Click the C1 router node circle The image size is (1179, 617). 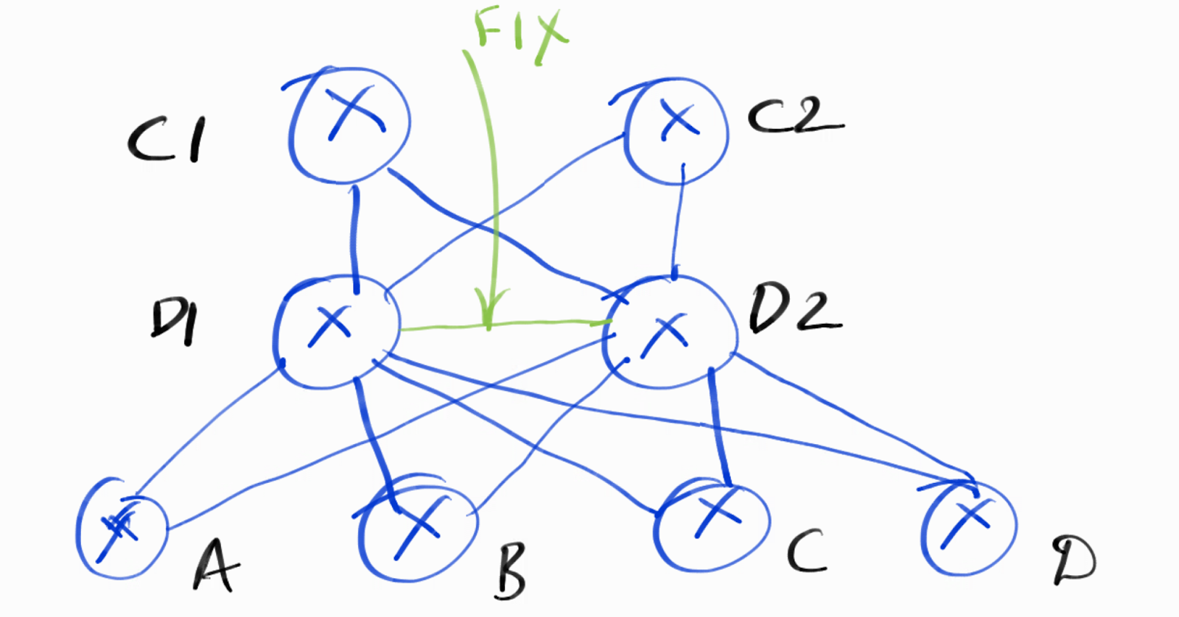coord(349,125)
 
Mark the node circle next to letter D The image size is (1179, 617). coord(968,527)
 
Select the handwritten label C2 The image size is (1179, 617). coord(794,116)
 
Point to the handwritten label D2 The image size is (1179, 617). coord(794,309)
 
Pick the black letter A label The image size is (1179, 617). coord(216,565)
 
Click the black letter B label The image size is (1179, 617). coord(511,571)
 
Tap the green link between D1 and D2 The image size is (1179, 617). coord(545,324)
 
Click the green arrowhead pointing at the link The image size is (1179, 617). coord(489,309)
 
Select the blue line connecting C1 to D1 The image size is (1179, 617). coord(355,236)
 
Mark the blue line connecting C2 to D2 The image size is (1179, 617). coord(678,221)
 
